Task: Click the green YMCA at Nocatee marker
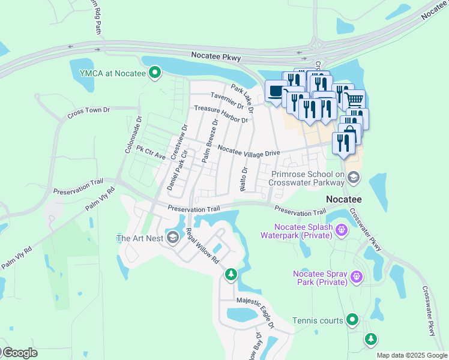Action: point(155,74)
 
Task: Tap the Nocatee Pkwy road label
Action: point(216,56)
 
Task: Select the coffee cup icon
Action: point(276,92)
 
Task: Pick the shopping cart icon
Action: point(355,99)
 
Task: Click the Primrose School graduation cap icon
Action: point(354,176)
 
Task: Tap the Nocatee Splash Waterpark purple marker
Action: point(342,229)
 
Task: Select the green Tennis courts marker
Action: point(352,320)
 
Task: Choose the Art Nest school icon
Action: point(173,238)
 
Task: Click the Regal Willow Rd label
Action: point(202,247)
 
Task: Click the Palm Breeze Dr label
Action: point(209,141)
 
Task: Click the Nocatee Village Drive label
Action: point(249,150)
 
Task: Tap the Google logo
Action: point(19,353)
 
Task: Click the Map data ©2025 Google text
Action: point(411,355)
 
